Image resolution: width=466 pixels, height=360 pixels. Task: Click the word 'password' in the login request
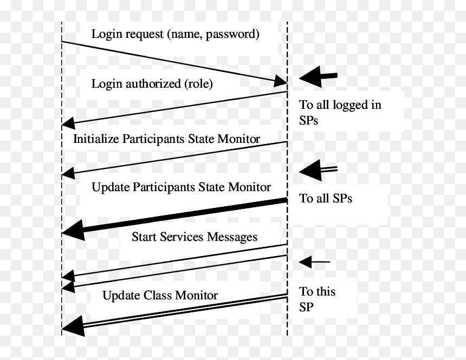(232, 35)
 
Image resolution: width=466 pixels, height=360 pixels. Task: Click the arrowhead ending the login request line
(280, 81)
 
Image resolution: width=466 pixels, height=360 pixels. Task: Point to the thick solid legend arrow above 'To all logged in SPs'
(318, 77)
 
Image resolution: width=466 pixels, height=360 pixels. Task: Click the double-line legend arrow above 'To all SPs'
(318, 170)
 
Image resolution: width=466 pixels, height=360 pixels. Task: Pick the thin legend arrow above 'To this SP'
(314, 262)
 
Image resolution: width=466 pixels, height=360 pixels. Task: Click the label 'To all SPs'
(326, 199)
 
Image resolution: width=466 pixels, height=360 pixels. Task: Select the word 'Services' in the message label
(182, 237)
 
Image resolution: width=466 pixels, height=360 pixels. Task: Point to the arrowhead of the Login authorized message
(68, 123)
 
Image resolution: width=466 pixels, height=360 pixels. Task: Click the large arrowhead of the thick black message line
(73, 230)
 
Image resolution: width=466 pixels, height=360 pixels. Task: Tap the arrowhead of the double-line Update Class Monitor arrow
(73, 326)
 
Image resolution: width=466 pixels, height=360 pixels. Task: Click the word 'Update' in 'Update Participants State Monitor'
(111, 187)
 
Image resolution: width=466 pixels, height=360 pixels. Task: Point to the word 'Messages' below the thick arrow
(232, 237)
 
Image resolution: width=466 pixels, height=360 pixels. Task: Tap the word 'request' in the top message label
(145, 35)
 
